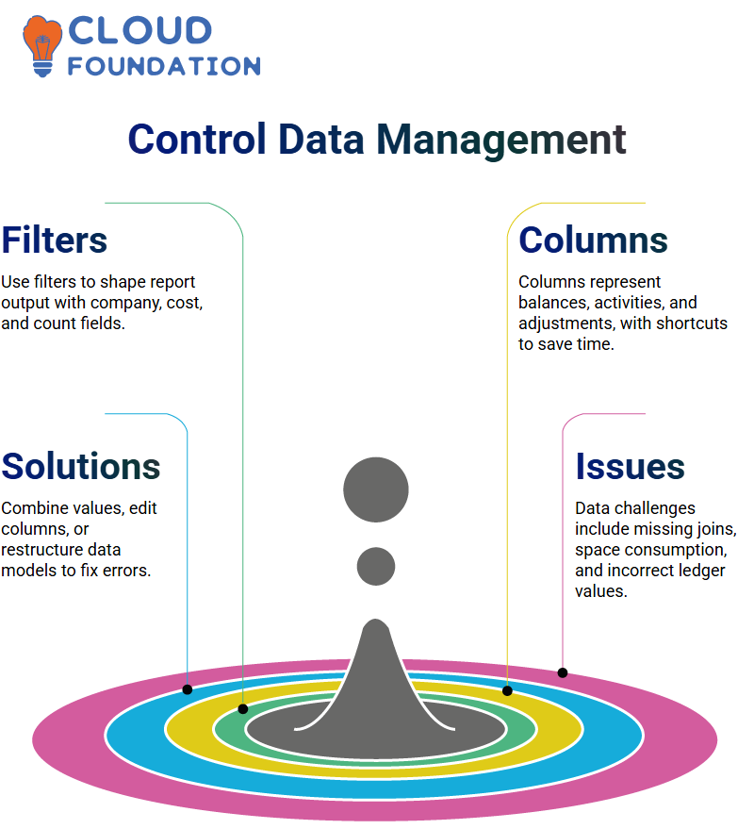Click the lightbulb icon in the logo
[41, 46]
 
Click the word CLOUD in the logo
[140, 31]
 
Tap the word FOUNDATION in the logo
[164, 67]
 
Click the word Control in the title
[197, 139]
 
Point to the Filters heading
[55, 240]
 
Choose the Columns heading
[593, 240]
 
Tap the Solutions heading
[81, 466]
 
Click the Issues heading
[630, 466]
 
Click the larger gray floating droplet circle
[376, 489]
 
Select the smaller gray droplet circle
[376, 566]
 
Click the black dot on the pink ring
[563, 673]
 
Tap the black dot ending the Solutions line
[188, 689]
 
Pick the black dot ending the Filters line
[243, 709]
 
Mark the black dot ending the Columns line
[507, 690]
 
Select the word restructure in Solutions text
[42, 550]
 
